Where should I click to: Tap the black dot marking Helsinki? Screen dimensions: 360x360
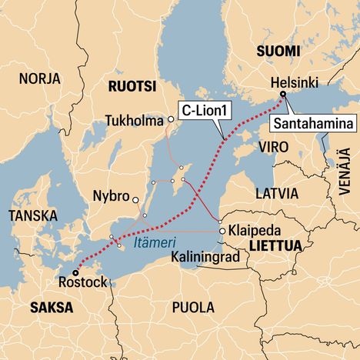click(x=282, y=95)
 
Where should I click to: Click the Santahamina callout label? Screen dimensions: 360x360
click(x=314, y=123)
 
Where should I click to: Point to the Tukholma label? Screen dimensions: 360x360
click(x=136, y=120)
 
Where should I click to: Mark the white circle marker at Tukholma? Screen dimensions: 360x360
click(x=171, y=120)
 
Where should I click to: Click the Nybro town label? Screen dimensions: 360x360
click(x=109, y=195)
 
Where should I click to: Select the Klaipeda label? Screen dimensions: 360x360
click(x=255, y=230)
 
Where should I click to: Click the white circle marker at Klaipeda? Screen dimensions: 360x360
click(x=222, y=230)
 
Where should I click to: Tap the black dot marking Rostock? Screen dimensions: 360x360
click(x=75, y=272)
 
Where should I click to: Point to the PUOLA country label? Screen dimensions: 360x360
click(x=193, y=307)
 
